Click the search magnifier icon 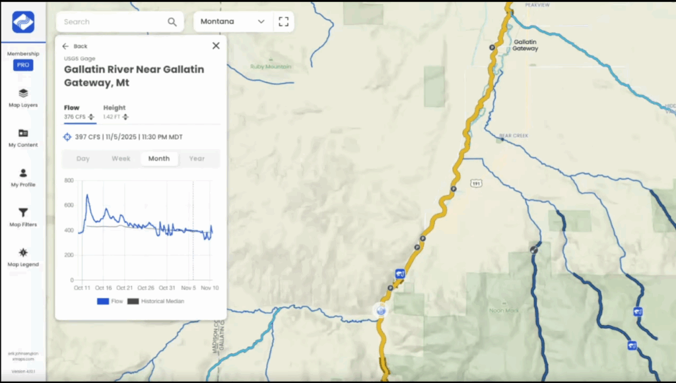[172, 22]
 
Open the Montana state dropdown [233, 22]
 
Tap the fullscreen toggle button [284, 22]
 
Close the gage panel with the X [216, 46]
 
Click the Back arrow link [75, 46]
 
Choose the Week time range [121, 159]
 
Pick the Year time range [197, 159]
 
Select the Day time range [83, 159]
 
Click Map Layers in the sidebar [23, 98]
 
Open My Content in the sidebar [23, 137]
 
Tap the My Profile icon [23, 173]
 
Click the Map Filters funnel [23, 213]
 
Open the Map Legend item [23, 253]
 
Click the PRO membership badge [23, 65]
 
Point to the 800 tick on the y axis [69, 180]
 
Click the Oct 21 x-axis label [124, 288]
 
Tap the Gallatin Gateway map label [525, 45]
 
